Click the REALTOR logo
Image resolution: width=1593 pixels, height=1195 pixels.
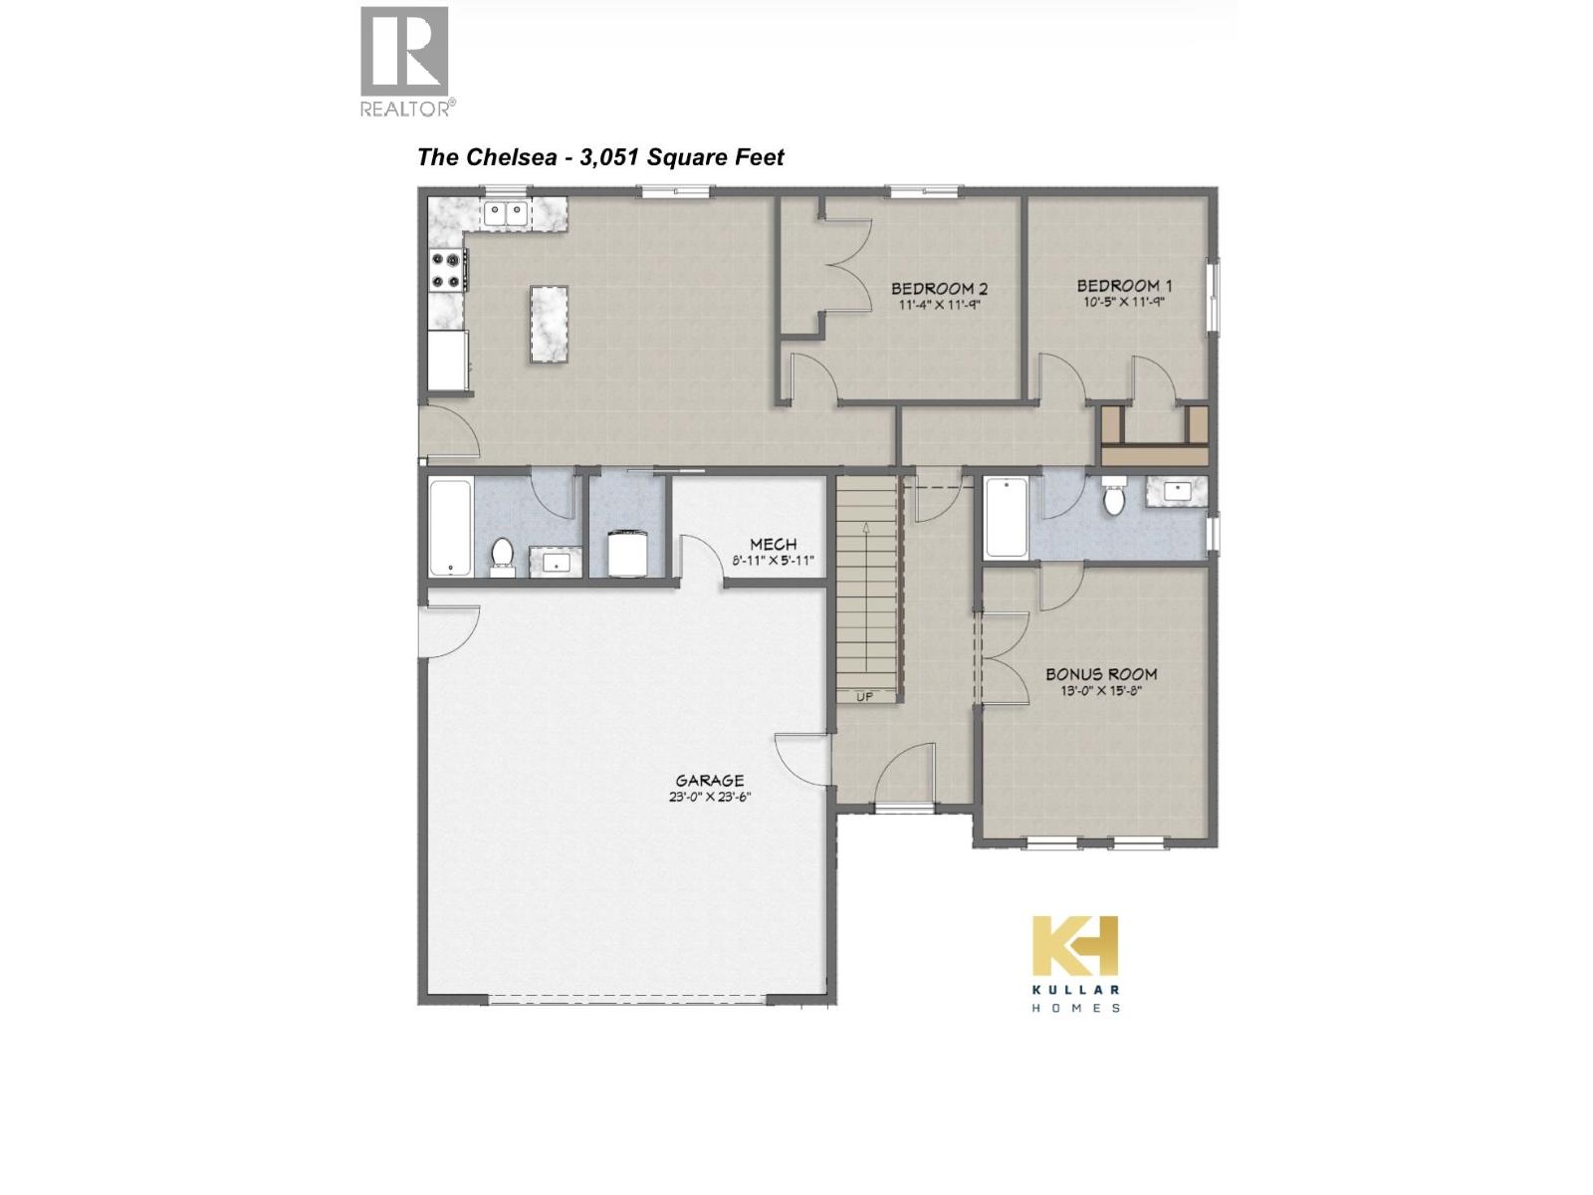pyautogui.click(x=405, y=61)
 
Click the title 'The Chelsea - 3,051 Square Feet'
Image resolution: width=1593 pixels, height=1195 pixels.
pyautogui.click(x=600, y=157)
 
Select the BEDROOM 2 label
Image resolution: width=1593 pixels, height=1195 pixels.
pyautogui.click(x=939, y=290)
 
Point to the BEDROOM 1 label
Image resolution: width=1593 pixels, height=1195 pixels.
pyautogui.click(x=1118, y=286)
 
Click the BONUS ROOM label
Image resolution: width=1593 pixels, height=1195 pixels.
pyautogui.click(x=1101, y=674)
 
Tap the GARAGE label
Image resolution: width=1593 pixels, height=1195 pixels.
pyautogui.click(x=710, y=781)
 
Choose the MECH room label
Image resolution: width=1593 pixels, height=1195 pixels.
pyautogui.click(x=774, y=545)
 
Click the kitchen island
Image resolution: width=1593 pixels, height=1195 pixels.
pyautogui.click(x=549, y=325)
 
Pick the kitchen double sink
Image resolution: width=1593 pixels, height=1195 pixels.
pyautogui.click(x=506, y=212)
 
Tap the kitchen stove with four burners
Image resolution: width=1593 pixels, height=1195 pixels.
pyautogui.click(x=448, y=271)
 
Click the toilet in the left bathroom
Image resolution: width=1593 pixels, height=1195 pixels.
pyautogui.click(x=503, y=556)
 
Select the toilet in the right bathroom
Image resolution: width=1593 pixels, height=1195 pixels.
pyautogui.click(x=1114, y=497)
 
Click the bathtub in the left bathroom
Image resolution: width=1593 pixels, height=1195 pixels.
pyautogui.click(x=450, y=527)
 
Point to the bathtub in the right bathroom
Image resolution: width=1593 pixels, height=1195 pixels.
pyautogui.click(x=1006, y=518)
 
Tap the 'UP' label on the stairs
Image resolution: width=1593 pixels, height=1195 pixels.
pyautogui.click(x=864, y=696)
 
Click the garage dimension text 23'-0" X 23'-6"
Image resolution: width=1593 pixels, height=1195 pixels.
pyautogui.click(x=710, y=797)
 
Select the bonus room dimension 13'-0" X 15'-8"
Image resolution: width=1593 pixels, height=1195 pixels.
pyautogui.click(x=1100, y=690)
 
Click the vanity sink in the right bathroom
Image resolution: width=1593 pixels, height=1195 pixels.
pyautogui.click(x=1176, y=490)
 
